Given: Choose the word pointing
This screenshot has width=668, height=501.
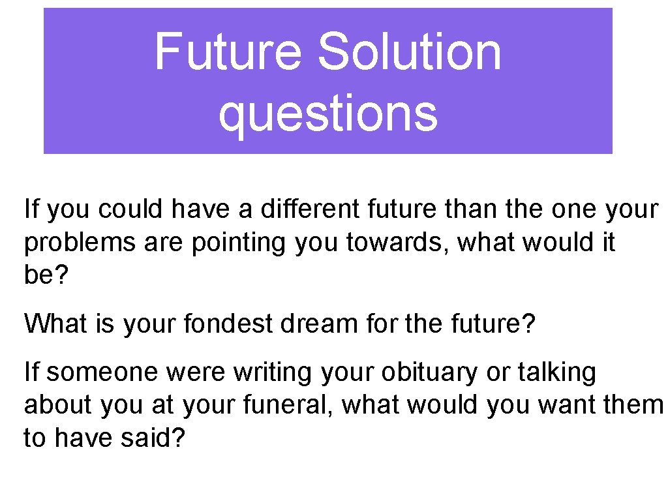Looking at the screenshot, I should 239,243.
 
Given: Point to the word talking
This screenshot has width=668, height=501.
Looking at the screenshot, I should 556,372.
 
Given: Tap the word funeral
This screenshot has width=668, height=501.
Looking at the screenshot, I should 290,405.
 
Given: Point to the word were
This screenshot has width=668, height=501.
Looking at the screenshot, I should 198,372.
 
